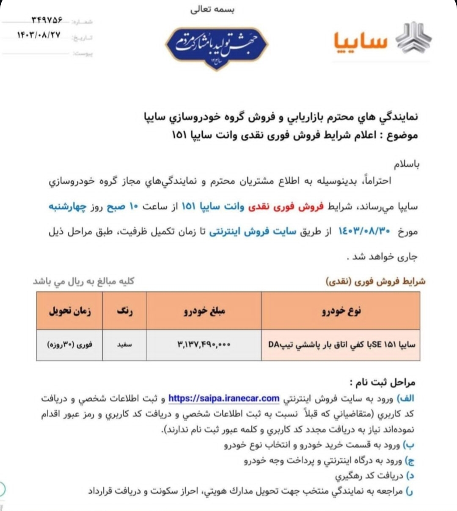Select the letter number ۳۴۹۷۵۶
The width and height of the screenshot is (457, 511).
[x=47, y=20]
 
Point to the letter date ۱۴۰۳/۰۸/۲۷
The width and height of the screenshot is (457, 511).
[x=39, y=35]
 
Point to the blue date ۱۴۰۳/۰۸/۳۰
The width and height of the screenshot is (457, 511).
[x=363, y=231]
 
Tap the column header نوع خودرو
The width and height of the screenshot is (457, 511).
[x=341, y=311]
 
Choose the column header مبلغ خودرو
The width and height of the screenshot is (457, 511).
[x=204, y=311]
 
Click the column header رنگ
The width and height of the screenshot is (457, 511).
[x=124, y=311]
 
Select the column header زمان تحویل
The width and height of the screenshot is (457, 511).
[x=70, y=311]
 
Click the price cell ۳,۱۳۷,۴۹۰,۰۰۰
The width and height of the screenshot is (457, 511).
[x=204, y=345]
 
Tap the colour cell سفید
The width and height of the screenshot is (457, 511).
[x=124, y=345]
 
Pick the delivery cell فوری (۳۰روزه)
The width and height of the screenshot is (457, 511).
[x=70, y=345]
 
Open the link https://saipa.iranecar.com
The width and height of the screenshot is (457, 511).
[x=224, y=398]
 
